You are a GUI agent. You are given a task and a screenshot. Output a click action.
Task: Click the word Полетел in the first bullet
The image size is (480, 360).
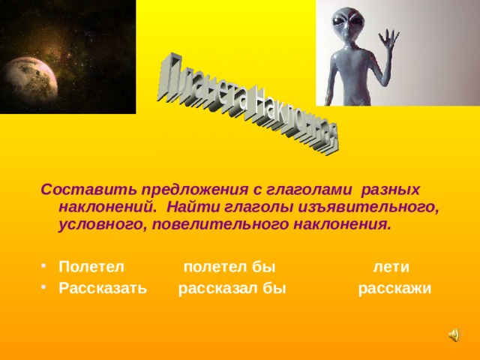tap(91, 267)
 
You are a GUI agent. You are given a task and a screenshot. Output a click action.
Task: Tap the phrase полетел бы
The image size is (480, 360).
tap(229, 267)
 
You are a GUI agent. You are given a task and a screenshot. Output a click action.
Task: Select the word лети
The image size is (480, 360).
tap(391, 267)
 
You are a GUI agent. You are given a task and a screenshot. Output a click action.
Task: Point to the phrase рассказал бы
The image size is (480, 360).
tap(232, 289)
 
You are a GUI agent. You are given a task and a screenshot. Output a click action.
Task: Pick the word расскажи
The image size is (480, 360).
tap(394, 289)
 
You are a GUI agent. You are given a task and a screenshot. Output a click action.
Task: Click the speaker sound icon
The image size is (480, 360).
tap(455, 336)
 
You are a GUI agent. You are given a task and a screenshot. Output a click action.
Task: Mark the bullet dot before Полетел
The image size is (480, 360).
tap(46, 268)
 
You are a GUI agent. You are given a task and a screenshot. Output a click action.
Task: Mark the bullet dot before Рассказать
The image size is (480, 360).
tap(46, 290)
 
